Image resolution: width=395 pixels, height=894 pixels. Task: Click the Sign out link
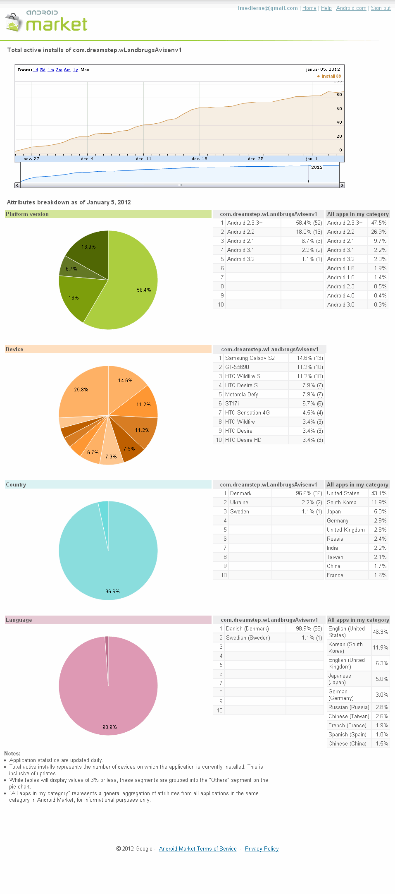(381, 8)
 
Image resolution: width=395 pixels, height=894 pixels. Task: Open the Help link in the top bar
(326, 8)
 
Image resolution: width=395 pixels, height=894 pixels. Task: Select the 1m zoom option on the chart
(51, 70)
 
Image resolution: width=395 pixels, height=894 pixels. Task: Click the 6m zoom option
(67, 70)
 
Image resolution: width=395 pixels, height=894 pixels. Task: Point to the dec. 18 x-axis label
(200, 159)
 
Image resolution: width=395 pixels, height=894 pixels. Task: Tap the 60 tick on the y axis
(339, 109)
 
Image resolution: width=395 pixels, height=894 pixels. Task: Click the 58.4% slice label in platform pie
(144, 290)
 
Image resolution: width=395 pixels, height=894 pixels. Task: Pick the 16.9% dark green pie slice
(88, 247)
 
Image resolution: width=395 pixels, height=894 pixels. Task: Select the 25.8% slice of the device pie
(81, 390)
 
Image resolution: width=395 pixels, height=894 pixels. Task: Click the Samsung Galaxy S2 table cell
(250, 358)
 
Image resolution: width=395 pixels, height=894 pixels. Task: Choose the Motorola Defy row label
(241, 395)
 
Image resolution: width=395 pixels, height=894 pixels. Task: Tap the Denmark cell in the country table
(240, 494)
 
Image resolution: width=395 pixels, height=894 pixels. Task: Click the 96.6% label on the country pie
(112, 592)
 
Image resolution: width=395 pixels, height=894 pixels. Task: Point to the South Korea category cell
(341, 503)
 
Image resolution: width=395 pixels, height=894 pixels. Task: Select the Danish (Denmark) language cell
(247, 629)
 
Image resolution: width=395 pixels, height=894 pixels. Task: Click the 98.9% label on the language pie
(109, 727)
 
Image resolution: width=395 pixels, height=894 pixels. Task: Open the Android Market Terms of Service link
(197, 849)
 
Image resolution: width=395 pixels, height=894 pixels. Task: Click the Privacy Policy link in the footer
(262, 849)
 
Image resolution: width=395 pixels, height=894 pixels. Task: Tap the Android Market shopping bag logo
(13, 22)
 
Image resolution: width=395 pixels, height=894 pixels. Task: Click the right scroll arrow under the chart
(342, 185)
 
